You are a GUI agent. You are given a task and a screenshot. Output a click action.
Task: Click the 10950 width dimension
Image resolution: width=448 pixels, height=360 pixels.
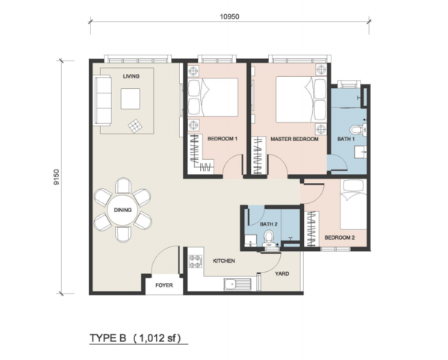229,16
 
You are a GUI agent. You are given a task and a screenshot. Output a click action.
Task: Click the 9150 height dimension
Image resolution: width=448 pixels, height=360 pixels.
57,177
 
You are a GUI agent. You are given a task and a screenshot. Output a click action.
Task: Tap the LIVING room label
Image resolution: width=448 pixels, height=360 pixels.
131,76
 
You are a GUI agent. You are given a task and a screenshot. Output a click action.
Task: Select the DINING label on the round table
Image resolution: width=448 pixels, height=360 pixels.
123,210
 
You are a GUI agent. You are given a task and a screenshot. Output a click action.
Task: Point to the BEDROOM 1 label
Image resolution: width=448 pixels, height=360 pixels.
223,139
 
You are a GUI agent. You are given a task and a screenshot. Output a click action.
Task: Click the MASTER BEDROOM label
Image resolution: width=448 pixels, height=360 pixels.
295,139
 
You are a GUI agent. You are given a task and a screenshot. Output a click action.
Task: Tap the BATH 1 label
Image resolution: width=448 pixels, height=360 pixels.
346,139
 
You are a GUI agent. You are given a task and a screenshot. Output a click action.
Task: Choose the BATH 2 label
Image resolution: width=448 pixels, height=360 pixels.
269,224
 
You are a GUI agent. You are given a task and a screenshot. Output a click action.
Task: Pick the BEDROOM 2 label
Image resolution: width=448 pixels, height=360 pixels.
340,238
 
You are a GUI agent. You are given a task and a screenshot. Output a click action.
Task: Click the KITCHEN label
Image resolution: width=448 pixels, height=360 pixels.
224,261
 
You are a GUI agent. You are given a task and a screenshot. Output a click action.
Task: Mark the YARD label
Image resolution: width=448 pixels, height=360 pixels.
282,273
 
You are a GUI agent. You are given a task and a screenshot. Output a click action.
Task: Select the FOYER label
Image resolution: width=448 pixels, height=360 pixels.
164,285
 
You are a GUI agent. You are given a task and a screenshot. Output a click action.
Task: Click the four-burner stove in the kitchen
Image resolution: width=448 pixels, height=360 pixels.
196,261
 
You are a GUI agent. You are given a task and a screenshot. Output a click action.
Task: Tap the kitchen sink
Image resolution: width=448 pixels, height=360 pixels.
237,285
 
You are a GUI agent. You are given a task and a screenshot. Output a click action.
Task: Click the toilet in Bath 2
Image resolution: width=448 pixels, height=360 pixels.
269,239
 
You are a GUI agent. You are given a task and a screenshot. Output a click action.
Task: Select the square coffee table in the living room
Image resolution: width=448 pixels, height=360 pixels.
130,99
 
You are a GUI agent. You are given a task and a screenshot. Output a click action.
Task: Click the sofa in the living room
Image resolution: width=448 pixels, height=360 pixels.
103,101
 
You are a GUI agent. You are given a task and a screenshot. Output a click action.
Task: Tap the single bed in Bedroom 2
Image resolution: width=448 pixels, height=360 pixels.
353,205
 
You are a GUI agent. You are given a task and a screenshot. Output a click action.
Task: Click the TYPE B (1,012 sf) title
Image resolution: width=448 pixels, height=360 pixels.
135,338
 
